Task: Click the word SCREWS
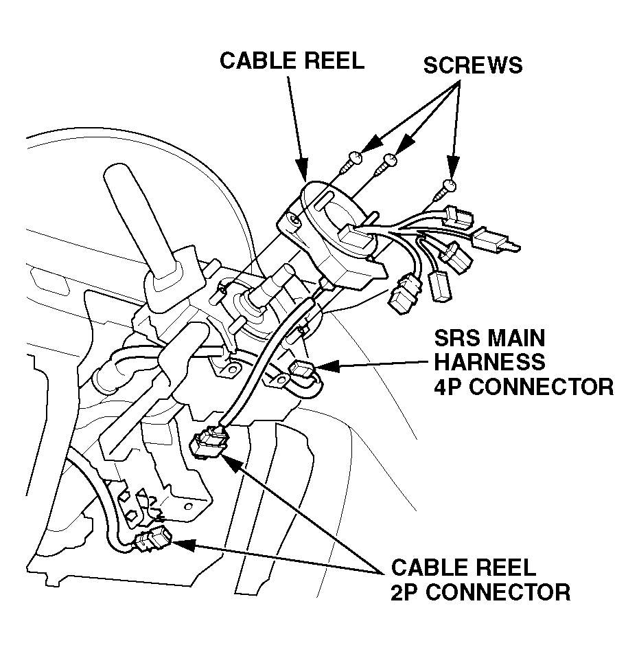[472, 65]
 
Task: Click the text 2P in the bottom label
[407, 592]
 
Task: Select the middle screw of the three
[388, 162]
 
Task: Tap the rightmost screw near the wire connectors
[448, 186]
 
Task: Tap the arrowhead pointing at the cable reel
[301, 168]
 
